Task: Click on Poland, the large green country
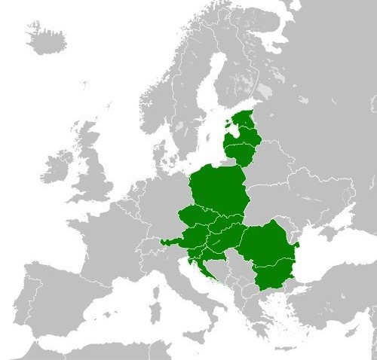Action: click(x=219, y=192)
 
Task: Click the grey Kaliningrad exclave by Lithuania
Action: click(x=226, y=161)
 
